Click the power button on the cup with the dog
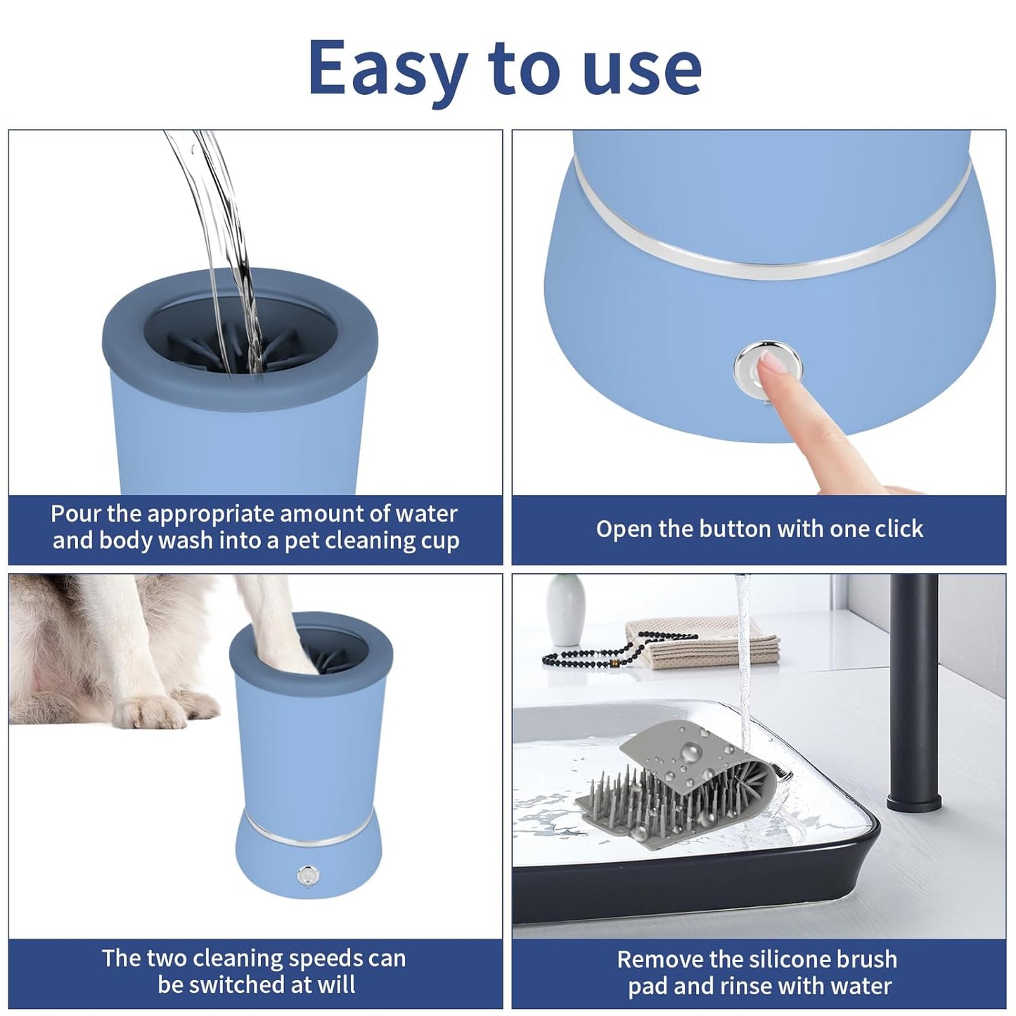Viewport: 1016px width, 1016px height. [x=306, y=876]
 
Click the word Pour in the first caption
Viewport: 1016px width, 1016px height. [x=75, y=514]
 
